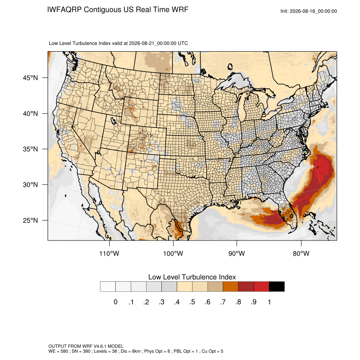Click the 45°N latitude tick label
(x=30, y=78)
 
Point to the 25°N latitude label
(x=30, y=220)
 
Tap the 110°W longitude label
(x=109, y=253)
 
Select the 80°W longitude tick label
(x=301, y=253)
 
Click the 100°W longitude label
(x=173, y=253)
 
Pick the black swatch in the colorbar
(x=277, y=287)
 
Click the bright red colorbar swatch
(x=261, y=287)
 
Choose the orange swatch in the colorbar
(x=230, y=287)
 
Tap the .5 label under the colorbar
(x=192, y=302)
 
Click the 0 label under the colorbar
(x=116, y=302)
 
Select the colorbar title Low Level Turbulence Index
(x=192, y=277)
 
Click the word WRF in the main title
(x=180, y=10)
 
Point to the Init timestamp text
(x=309, y=11)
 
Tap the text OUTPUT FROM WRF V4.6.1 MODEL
(x=86, y=346)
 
